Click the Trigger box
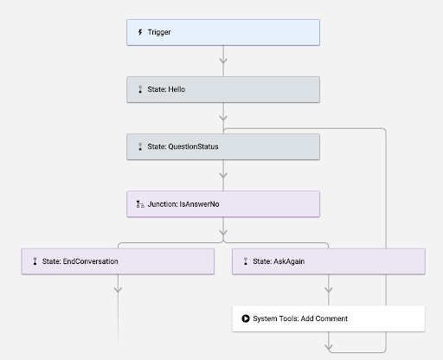223,32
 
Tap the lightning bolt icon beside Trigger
140,32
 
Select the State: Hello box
223,89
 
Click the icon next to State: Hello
140,89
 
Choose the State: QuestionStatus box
223,146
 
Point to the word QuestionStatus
193,146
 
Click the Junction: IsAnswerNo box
223,204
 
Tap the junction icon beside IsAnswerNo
140,204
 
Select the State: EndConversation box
118,261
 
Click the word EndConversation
91,261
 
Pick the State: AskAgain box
329,261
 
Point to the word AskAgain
289,261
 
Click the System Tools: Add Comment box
329,318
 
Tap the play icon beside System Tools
246,318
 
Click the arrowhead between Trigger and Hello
223,61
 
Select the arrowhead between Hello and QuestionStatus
223,118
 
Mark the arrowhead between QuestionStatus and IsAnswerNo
223,175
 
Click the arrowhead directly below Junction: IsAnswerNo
223,233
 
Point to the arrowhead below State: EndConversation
118,290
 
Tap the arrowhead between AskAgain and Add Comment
329,290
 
